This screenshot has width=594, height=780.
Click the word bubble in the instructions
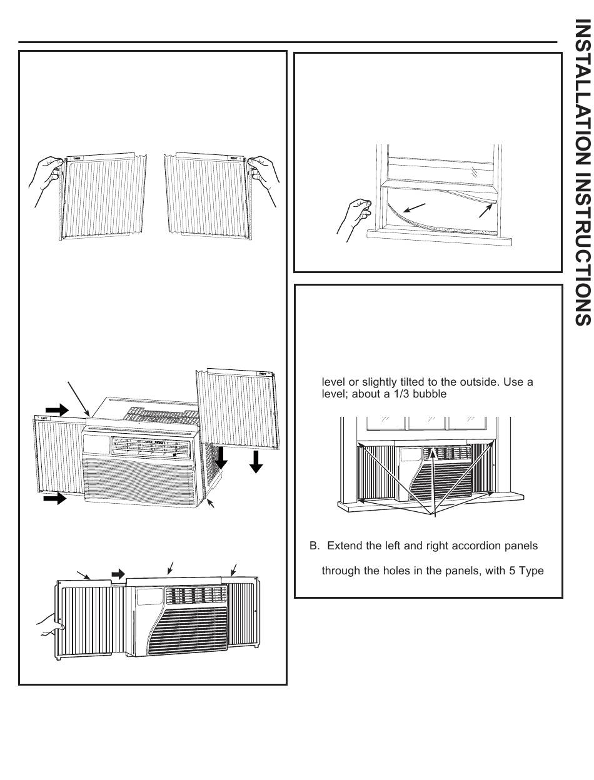429,394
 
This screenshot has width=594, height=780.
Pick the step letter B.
314,546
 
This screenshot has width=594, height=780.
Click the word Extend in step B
343,546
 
